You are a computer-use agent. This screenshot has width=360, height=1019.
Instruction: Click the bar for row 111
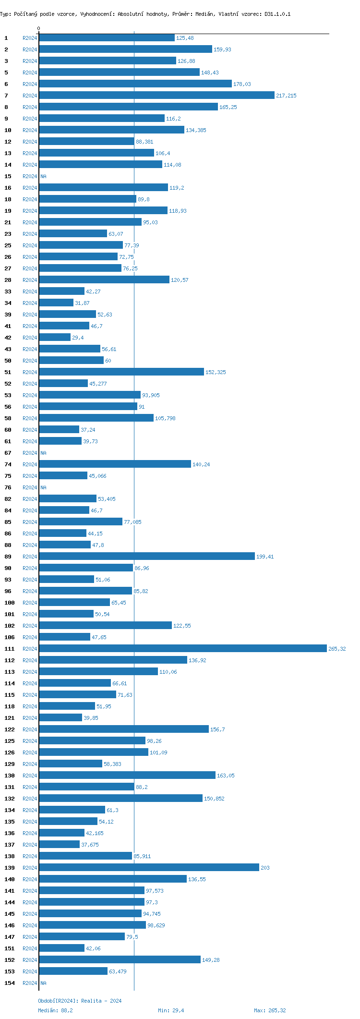click(182, 649)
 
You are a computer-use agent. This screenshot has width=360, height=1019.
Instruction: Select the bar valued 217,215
click(156, 96)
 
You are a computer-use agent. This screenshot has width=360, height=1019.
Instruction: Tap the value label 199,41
click(265, 557)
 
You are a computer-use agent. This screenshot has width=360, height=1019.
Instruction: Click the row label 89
click(8, 557)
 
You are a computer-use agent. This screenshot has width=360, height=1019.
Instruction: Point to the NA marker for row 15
click(43, 176)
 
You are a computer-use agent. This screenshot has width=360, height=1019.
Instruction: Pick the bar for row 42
click(55, 338)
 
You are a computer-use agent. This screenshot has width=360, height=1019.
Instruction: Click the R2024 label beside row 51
click(30, 372)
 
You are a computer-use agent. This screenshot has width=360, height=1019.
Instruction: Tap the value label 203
click(265, 868)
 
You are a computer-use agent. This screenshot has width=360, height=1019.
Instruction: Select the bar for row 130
click(127, 776)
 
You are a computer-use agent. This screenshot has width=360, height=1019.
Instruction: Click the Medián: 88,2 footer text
click(55, 1010)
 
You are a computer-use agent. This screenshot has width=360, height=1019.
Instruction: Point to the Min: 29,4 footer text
click(171, 1010)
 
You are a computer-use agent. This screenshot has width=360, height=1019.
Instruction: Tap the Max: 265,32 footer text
click(270, 1010)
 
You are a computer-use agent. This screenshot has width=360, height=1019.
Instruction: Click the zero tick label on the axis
click(39, 28)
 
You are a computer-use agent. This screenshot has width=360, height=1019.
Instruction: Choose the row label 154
click(10, 983)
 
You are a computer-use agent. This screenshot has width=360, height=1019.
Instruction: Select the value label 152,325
click(216, 372)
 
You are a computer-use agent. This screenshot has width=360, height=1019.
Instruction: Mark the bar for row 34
click(56, 303)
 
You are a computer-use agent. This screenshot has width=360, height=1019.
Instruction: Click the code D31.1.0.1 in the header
click(277, 14)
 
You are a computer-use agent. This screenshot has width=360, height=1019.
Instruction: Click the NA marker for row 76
click(43, 487)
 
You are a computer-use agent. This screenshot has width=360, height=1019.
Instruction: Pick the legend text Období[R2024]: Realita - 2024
click(80, 1001)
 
